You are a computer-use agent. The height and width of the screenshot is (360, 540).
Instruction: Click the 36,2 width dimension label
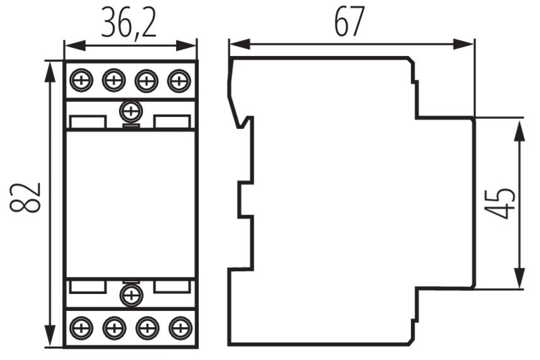129,23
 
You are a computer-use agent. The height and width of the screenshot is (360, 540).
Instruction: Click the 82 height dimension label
25,198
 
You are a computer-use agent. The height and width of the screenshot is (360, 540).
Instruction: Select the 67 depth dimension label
349,21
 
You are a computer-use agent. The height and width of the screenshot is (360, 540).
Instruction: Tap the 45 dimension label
500,203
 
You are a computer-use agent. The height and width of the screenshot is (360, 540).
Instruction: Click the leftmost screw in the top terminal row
81,81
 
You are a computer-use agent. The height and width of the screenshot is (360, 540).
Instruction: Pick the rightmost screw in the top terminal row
179,81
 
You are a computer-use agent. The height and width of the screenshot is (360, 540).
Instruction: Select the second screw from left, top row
114,81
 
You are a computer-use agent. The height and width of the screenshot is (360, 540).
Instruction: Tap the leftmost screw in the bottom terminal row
81,328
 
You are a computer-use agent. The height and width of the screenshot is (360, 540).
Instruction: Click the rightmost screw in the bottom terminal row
181,328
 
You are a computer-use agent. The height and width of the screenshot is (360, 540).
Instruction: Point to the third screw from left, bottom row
147,328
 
